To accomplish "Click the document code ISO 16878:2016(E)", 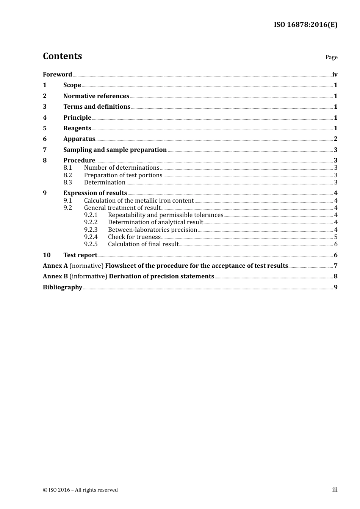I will click(x=305, y=25).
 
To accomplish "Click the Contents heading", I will click(x=62, y=56).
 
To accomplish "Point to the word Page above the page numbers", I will click(x=331, y=57).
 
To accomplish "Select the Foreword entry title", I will click(x=57, y=75).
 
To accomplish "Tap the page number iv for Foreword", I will click(x=335, y=75).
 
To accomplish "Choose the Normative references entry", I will click(x=96, y=96).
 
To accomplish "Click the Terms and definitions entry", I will click(x=97, y=107).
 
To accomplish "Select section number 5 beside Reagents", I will click(x=45, y=128).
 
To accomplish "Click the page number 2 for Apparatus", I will click(x=335, y=139).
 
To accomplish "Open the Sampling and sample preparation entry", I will click(x=115, y=150).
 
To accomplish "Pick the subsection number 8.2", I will click(x=67, y=175).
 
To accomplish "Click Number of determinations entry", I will click(x=122, y=168).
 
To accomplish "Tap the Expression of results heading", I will click(x=95, y=193).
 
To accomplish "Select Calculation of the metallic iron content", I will click(x=139, y=201).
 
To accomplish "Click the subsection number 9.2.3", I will click(x=91, y=230).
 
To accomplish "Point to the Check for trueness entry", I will click(x=134, y=237).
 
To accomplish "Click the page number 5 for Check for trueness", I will click(x=336, y=237).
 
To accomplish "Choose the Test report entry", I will click(x=80, y=255).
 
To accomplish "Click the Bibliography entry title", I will click(x=63, y=287).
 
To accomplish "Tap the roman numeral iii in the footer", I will click(x=335, y=490).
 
